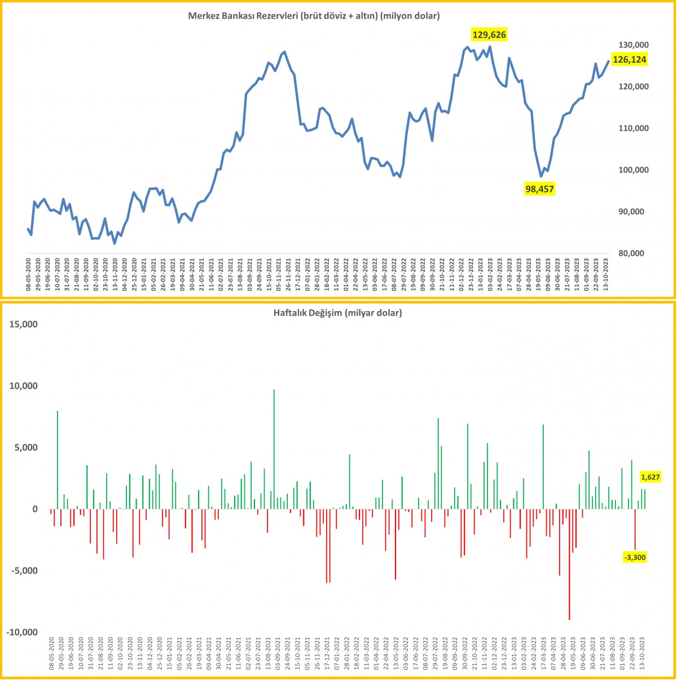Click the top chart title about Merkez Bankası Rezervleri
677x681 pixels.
tap(314, 16)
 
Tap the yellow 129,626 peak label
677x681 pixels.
tap(489, 35)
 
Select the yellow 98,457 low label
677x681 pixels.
tap(539, 189)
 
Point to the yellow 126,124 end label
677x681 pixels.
tap(630, 59)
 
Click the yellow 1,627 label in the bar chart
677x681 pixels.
tap(650, 477)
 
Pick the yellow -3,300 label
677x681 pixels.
tap(635, 557)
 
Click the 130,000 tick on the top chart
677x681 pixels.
tap(632, 45)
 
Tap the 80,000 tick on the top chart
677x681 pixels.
tap(632, 254)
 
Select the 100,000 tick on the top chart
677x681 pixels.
tap(632, 170)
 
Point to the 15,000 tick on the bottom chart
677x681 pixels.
tap(22, 325)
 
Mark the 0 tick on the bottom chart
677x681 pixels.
tap(34, 509)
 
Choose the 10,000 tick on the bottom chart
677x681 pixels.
tap(22, 386)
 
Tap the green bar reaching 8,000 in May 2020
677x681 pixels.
tap(58, 460)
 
